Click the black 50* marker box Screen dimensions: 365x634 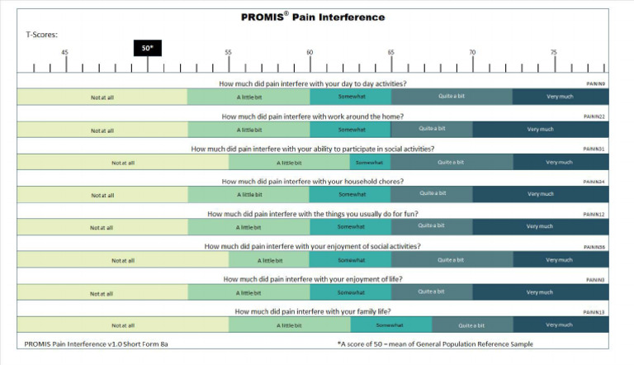[x=147, y=48]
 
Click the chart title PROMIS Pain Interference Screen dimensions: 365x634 [x=313, y=17]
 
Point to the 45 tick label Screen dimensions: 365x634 [x=65, y=53]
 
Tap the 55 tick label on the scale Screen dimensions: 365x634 [x=229, y=53]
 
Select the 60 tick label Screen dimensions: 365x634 [x=310, y=53]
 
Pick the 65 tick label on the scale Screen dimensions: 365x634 [x=391, y=53]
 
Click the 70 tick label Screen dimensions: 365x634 [x=472, y=53]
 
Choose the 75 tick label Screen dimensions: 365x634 [x=554, y=53]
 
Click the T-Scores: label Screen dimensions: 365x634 [x=42, y=35]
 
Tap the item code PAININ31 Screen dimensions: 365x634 [x=594, y=149]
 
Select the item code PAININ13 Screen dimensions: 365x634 [x=594, y=312]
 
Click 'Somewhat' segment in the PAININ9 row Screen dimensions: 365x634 [x=351, y=97]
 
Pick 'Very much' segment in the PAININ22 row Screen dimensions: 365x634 [x=541, y=129]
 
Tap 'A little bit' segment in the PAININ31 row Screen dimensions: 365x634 [x=291, y=162]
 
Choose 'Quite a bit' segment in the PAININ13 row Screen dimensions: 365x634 [x=471, y=325]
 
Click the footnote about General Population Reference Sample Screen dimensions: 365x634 [x=435, y=344]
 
